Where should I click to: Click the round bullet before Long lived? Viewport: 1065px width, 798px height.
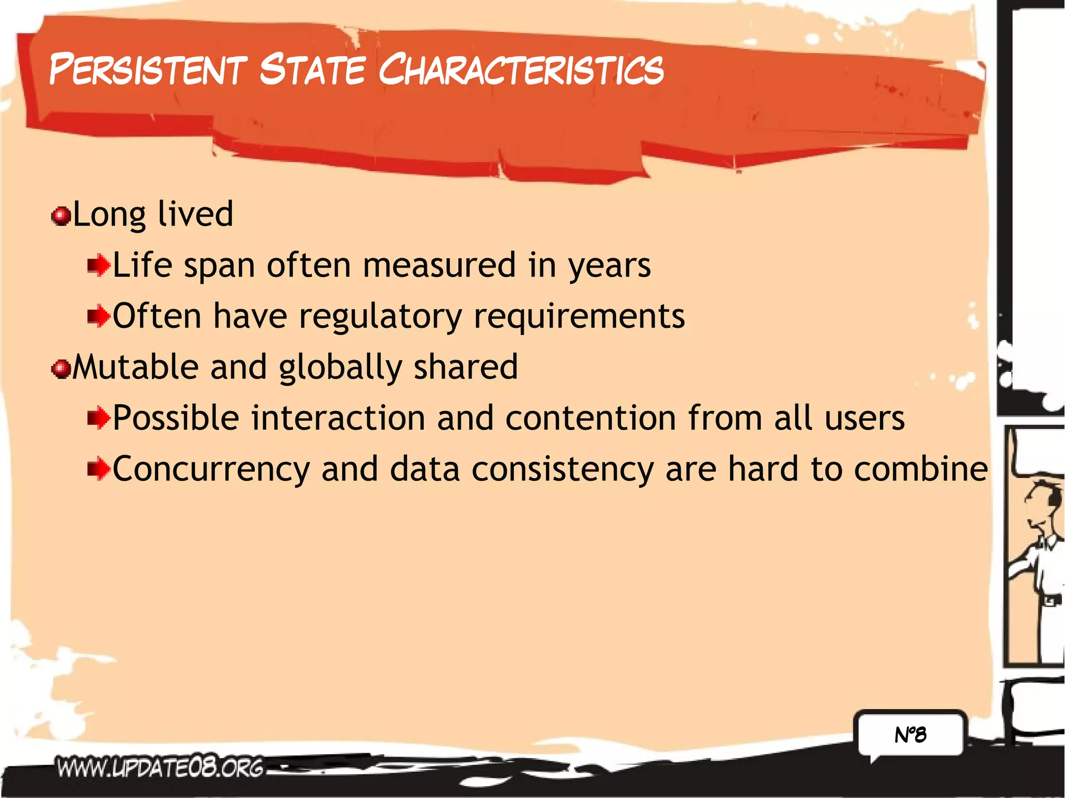coord(61,216)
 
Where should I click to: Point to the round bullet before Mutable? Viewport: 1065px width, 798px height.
coord(61,369)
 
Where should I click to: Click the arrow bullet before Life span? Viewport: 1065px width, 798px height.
coord(99,266)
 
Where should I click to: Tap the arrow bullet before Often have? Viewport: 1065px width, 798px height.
coord(99,316)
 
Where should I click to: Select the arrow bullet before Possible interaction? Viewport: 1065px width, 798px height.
coord(99,418)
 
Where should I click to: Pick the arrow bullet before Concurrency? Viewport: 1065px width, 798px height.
coord(99,469)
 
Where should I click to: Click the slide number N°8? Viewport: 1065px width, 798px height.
coord(911,735)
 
